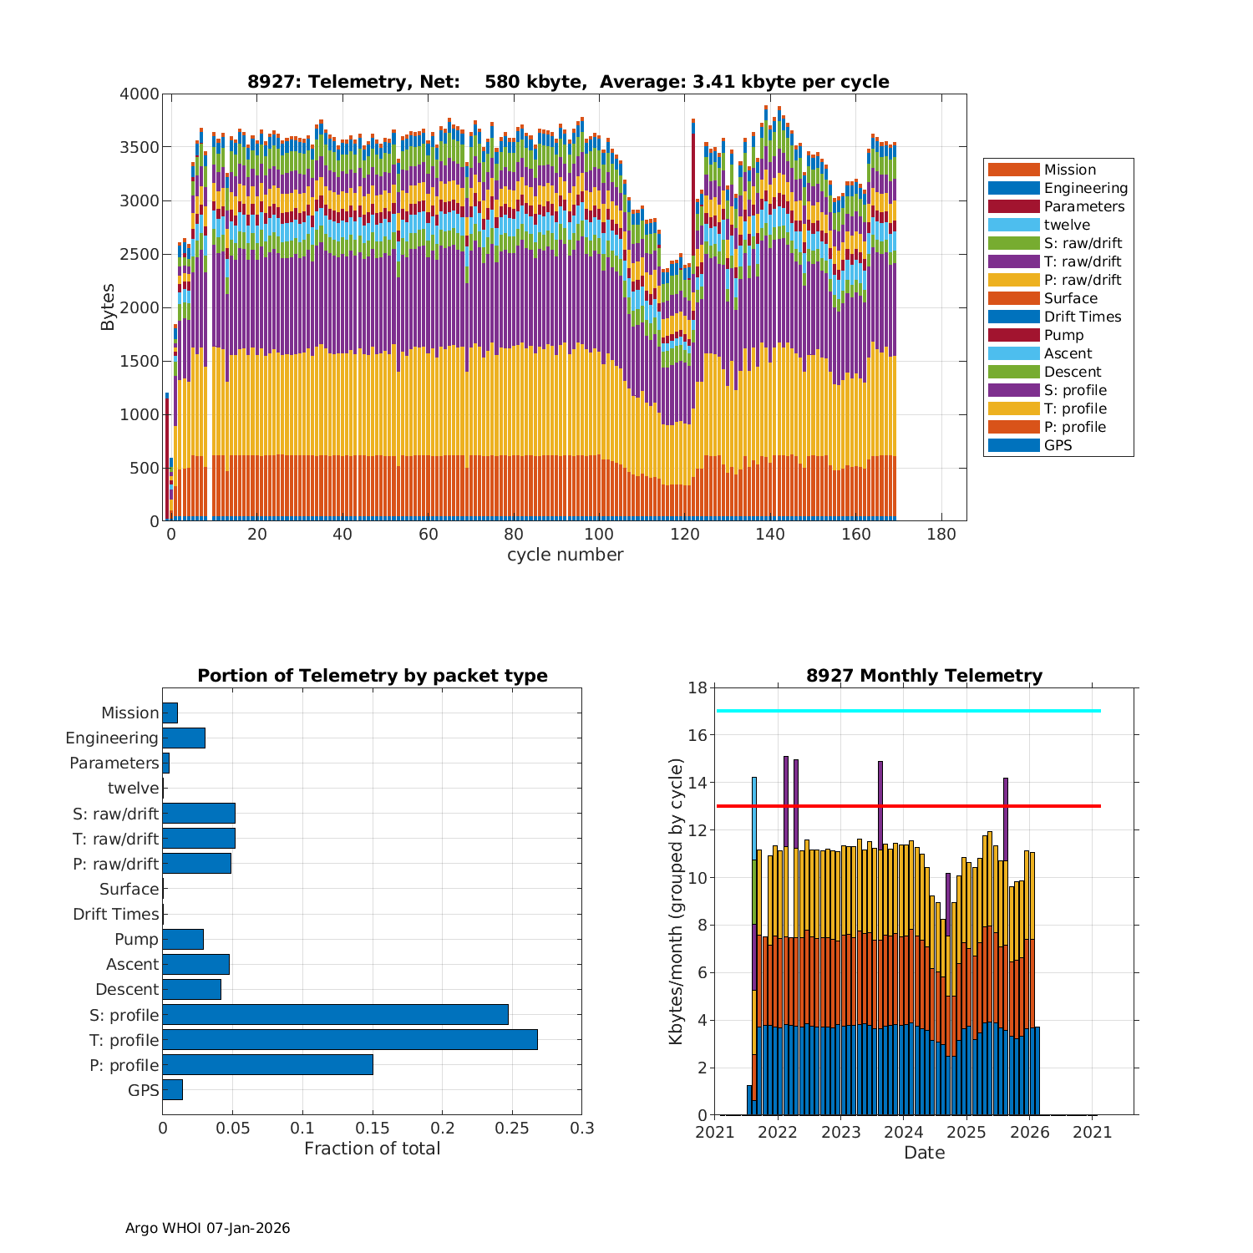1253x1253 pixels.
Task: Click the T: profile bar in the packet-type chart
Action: tap(349, 1040)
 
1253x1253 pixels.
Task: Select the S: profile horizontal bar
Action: tap(335, 1015)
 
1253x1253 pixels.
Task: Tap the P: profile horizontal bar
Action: tap(267, 1065)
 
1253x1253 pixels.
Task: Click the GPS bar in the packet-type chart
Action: tap(172, 1090)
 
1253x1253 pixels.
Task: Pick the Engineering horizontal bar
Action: tap(184, 738)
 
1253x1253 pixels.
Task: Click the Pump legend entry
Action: tap(1063, 335)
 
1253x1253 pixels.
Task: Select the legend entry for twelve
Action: tap(1066, 225)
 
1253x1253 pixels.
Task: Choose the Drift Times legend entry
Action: tap(1082, 317)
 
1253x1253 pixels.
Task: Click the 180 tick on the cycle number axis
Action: tap(941, 535)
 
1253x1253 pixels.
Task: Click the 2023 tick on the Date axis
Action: tap(841, 1132)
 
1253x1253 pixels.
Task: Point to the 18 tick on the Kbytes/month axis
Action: tap(697, 687)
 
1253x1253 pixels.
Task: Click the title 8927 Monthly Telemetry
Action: tap(924, 676)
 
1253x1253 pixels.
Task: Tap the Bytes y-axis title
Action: tap(109, 307)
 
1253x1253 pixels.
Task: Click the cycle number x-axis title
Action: tap(565, 555)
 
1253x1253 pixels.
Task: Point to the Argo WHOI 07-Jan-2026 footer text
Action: tap(207, 1228)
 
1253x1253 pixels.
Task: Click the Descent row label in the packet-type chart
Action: tap(127, 989)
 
